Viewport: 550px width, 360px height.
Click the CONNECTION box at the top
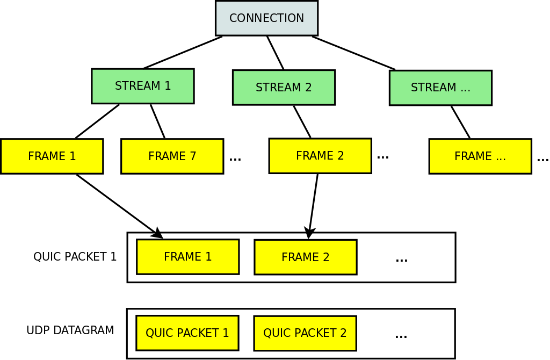(266, 18)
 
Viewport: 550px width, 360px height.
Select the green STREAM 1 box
(143, 86)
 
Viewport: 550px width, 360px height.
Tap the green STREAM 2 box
(284, 87)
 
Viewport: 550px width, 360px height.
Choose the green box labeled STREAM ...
(440, 88)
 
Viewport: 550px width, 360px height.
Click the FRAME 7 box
(172, 156)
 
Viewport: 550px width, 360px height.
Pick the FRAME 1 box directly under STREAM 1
(52, 156)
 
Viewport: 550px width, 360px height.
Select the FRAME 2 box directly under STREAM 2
(320, 156)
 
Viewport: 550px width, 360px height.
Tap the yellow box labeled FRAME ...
(480, 156)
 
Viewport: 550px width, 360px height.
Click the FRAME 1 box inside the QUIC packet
(187, 257)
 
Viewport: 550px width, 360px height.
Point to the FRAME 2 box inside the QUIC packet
(305, 257)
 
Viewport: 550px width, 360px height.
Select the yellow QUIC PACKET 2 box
(305, 333)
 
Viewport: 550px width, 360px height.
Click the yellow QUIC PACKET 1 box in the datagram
(187, 333)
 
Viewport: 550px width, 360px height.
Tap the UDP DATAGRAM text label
(70, 330)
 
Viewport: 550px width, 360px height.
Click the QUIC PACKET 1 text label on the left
(75, 257)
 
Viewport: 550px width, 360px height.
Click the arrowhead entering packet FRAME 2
(309, 233)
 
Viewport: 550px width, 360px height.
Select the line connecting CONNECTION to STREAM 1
(183, 53)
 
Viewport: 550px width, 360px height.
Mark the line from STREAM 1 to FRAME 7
(157, 121)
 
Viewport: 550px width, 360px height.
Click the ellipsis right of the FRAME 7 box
(235, 159)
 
